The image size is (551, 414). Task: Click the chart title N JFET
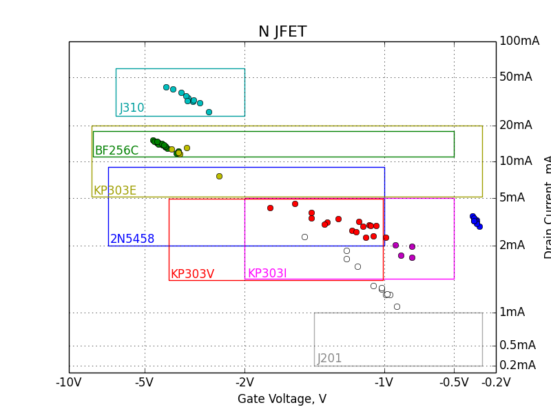pos(282,32)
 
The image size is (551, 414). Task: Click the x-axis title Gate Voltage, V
pos(282,399)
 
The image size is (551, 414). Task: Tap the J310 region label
pos(132,108)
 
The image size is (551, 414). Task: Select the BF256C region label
pos(116,150)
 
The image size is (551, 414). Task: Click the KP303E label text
pos(114,191)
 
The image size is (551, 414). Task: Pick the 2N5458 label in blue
pos(132,239)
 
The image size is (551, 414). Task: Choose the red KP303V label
pos(192,274)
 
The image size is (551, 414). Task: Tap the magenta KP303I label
pos(267,274)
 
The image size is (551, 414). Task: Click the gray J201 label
pos(329,359)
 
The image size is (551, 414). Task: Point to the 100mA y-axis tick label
pos(519,41)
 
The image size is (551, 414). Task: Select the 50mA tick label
pos(515,77)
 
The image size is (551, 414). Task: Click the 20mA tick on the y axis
pos(515,125)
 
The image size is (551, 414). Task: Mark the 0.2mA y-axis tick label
pos(517,365)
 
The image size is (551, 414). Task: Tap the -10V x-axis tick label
pos(69,382)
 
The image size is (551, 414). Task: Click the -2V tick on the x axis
pos(245,382)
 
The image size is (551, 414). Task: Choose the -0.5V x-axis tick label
pos(454,382)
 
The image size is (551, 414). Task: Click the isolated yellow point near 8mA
pos(219,176)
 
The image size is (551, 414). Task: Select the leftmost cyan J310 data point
pos(166,87)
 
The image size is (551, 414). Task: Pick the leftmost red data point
pos(270,208)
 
